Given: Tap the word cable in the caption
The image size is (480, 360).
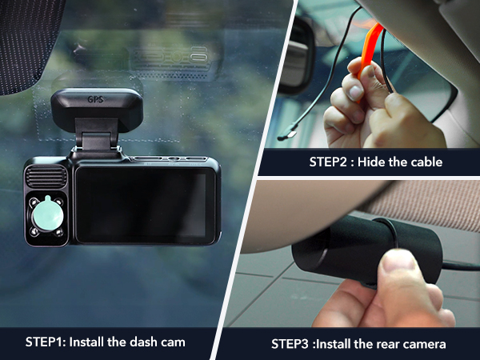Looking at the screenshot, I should coord(442,161).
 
